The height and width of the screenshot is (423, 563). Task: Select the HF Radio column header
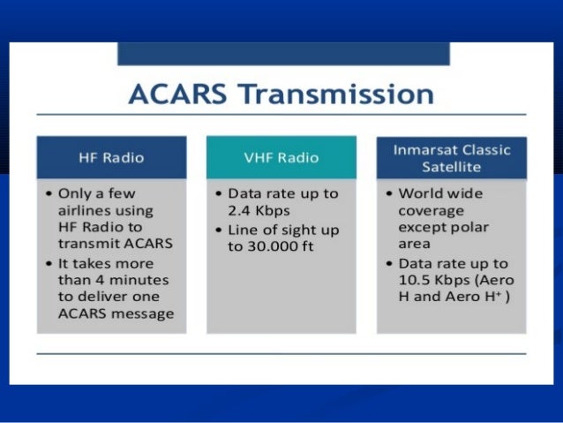pos(111,158)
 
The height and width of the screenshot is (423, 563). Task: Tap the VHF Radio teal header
pos(281,158)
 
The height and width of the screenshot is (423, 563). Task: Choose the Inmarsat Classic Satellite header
pos(451,158)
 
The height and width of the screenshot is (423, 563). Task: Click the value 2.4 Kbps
pos(259,210)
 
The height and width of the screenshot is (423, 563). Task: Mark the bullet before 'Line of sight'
pos(217,230)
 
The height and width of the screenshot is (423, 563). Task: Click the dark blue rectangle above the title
pos(282,53)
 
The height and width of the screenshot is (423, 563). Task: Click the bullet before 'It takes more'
pos(46,264)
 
